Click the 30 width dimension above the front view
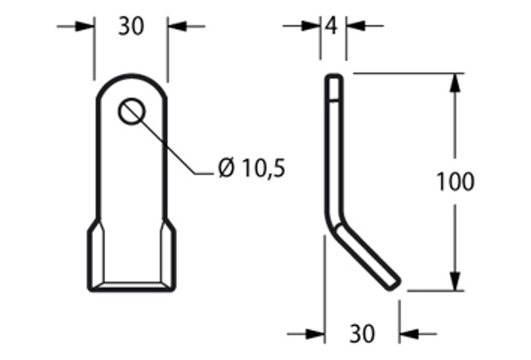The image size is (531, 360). click(x=131, y=26)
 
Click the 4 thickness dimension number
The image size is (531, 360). click(x=333, y=26)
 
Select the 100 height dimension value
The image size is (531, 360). click(x=454, y=182)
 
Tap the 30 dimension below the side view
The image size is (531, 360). click(x=362, y=334)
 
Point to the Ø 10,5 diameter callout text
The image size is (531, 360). click(x=251, y=168)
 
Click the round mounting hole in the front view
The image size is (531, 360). click(x=131, y=111)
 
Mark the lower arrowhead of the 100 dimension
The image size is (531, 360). click(x=454, y=281)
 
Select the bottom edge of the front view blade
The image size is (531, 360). click(x=132, y=288)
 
